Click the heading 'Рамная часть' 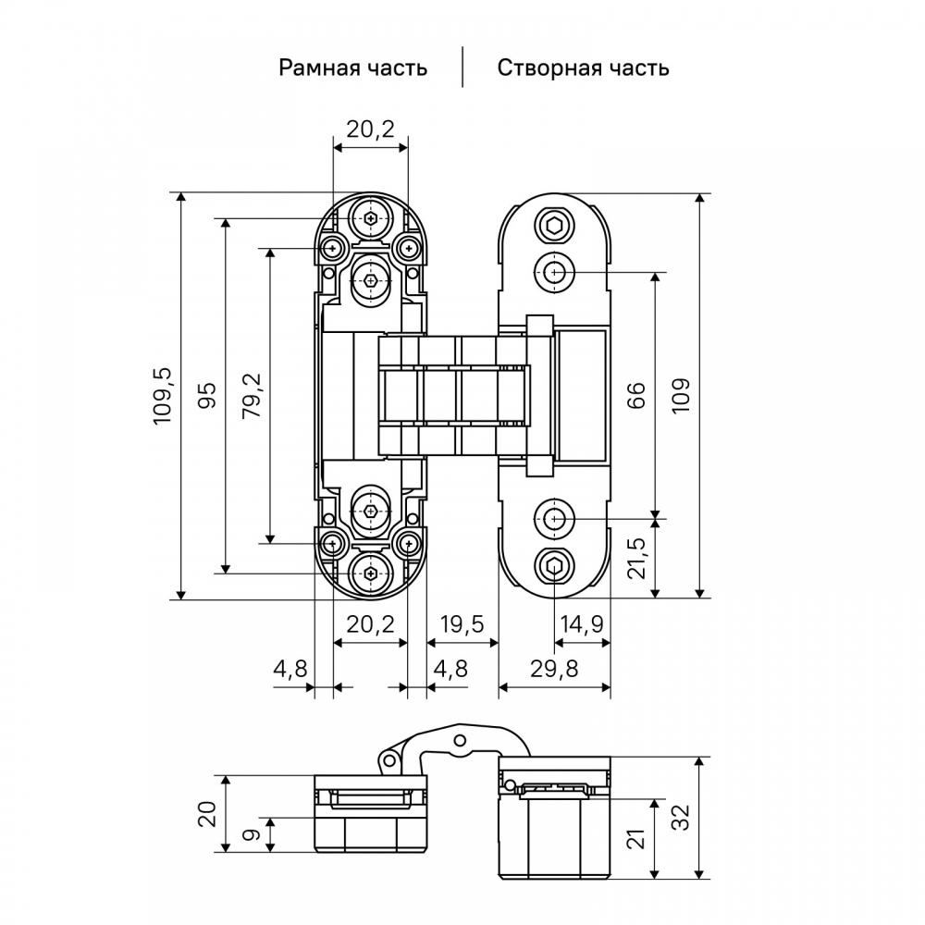pyautogui.click(x=352, y=68)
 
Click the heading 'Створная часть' pyautogui.click(x=583, y=68)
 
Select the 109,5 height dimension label pyautogui.click(x=163, y=396)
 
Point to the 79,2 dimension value pyautogui.click(x=252, y=396)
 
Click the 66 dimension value pyautogui.click(x=635, y=395)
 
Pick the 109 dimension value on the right pyautogui.click(x=681, y=395)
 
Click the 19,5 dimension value pyautogui.click(x=462, y=624)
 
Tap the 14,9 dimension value pyautogui.click(x=581, y=624)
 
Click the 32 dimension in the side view pyautogui.click(x=681, y=817)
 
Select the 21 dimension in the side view pyautogui.click(x=635, y=838)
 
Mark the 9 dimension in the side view pyautogui.click(x=252, y=834)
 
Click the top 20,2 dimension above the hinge pyautogui.click(x=370, y=129)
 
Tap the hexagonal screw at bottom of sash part pyautogui.click(x=554, y=566)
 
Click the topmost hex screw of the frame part pyautogui.click(x=371, y=219)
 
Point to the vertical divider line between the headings pyautogui.click(x=462, y=67)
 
